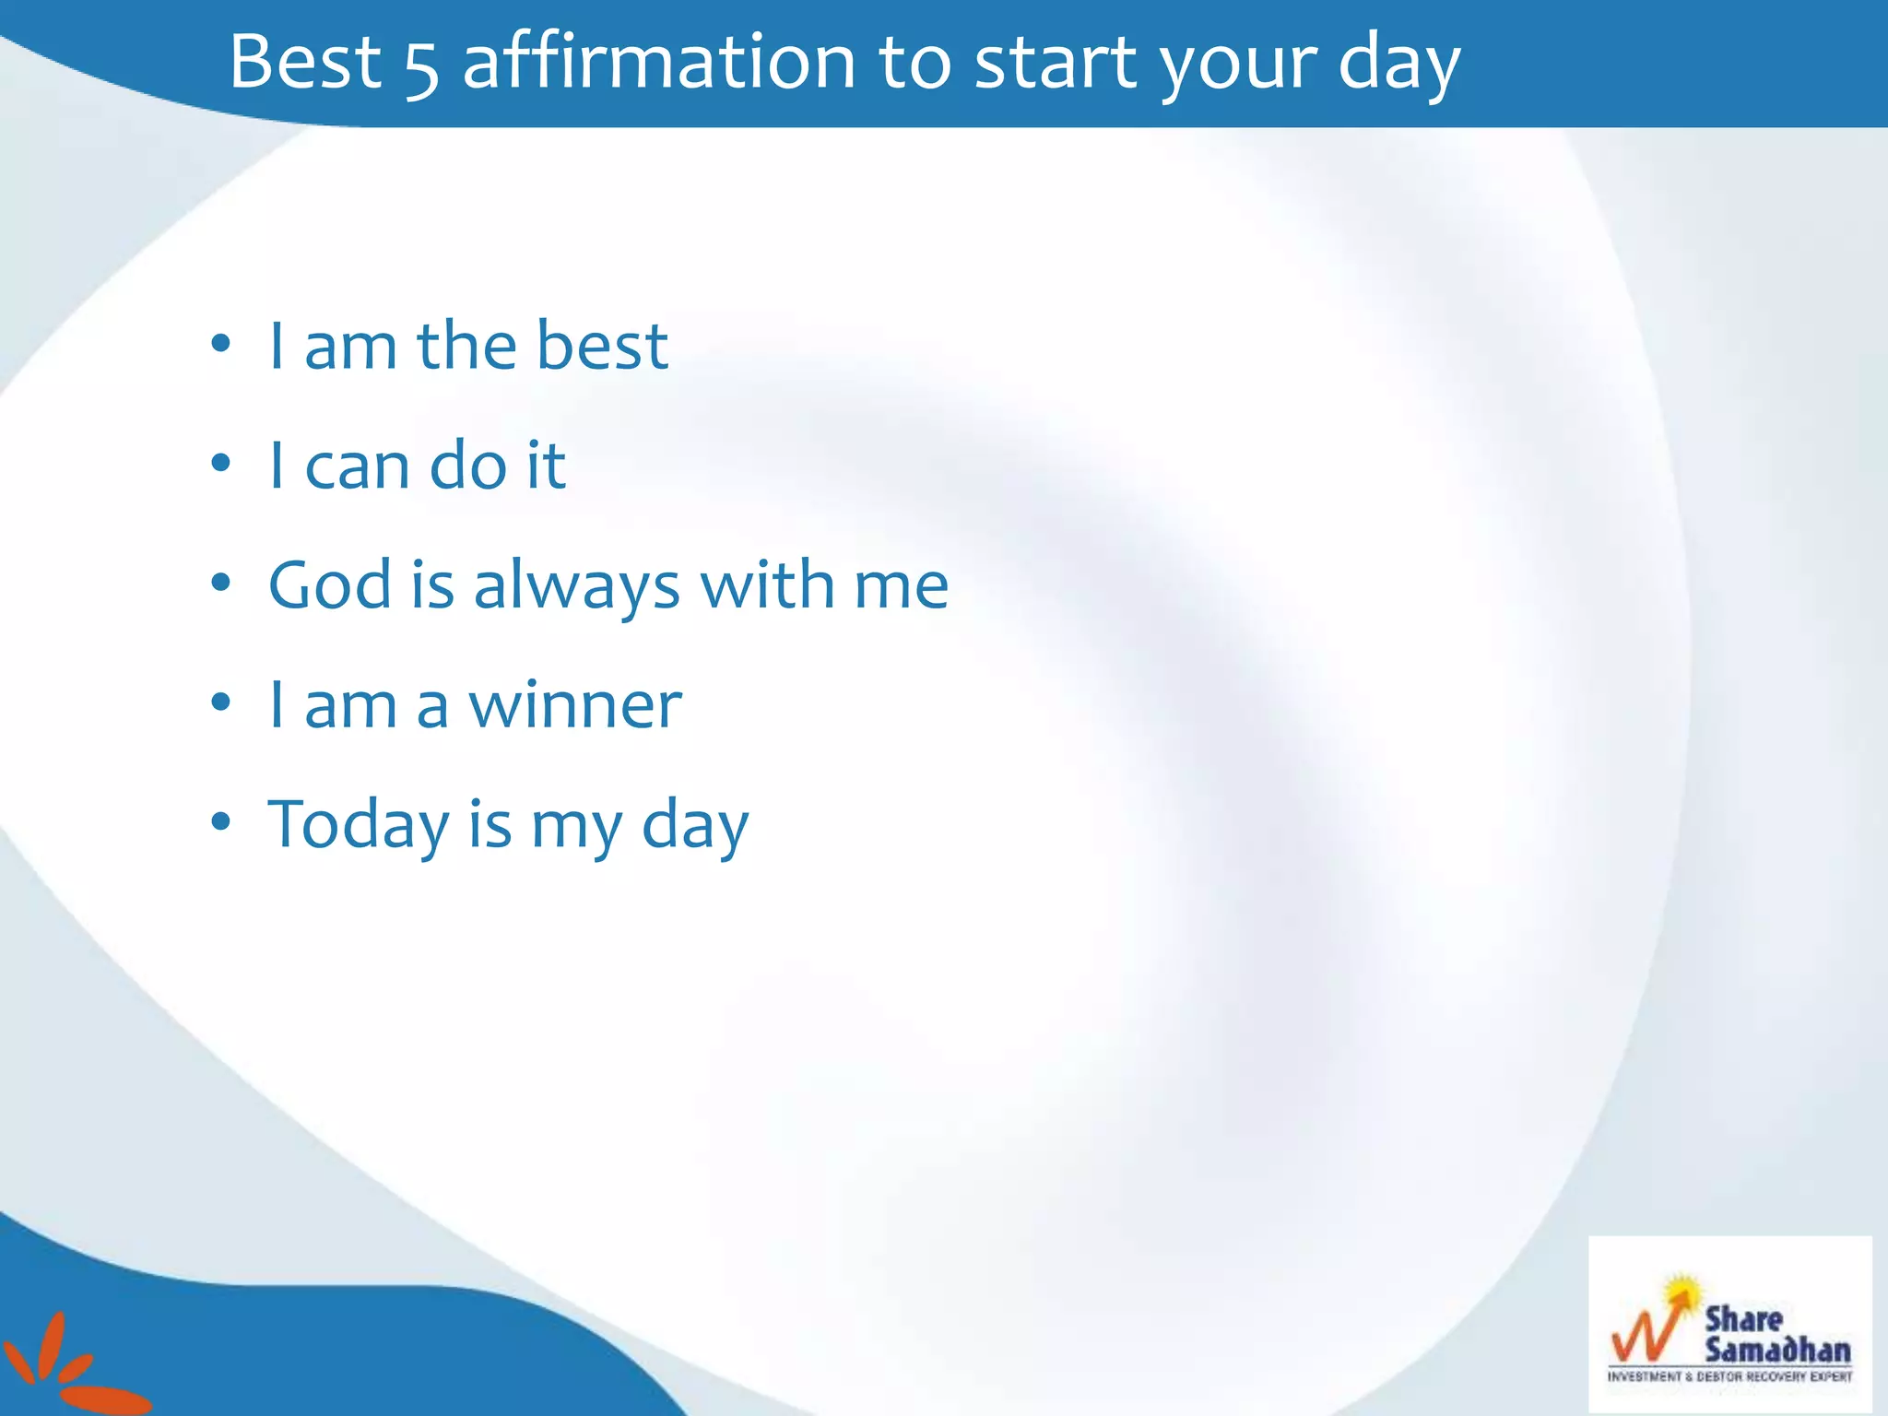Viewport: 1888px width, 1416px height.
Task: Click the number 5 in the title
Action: pos(421,66)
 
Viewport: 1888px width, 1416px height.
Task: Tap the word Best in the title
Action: pos(304,62)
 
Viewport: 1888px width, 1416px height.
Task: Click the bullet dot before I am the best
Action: pos(220,345)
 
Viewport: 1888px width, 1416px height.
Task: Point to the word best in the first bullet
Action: pos(602,346)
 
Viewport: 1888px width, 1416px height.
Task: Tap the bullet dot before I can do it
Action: pos(220,464)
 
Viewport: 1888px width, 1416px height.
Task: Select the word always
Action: pos(576,588)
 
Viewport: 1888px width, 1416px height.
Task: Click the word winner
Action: pos(575,705)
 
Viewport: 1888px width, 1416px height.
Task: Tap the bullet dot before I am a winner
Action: pos(220,703)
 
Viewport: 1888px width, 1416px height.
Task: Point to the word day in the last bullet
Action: pos(694,827)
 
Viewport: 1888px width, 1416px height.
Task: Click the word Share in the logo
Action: pos(1743,1318)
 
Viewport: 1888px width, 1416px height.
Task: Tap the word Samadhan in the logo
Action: pos(1776,1350)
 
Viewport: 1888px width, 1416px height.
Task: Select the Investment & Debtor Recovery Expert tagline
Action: pos(1729,1377)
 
